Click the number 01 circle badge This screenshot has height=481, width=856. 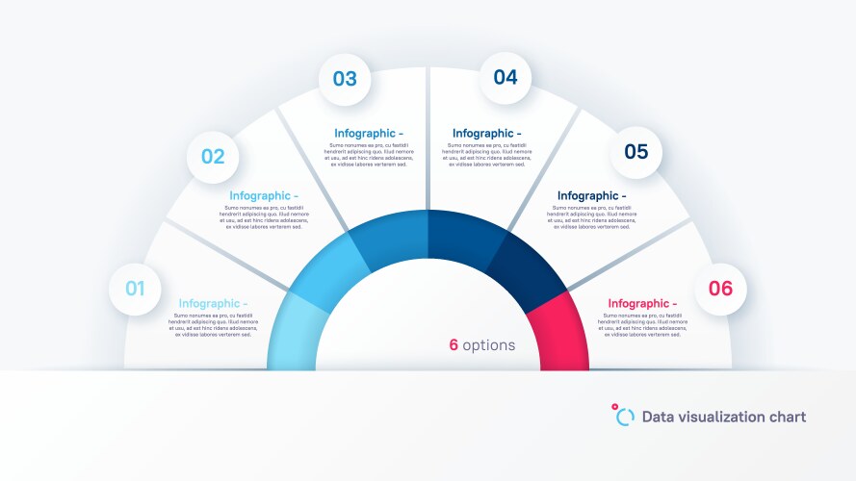135,289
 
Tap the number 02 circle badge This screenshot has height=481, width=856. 213,157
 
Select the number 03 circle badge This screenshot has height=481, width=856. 345,79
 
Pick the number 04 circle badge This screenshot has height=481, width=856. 506,78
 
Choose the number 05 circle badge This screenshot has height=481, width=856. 636,152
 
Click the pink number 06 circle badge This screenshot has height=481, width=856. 720,289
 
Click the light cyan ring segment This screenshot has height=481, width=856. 289,332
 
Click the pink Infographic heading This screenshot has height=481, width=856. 642,304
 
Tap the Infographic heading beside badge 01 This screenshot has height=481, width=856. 213,304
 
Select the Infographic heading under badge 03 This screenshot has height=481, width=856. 369,134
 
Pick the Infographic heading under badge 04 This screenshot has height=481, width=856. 486,134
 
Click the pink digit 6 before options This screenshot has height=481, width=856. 453,345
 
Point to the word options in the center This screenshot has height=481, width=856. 488,345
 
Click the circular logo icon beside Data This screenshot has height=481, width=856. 624,415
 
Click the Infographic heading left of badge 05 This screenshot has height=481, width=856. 591,196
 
